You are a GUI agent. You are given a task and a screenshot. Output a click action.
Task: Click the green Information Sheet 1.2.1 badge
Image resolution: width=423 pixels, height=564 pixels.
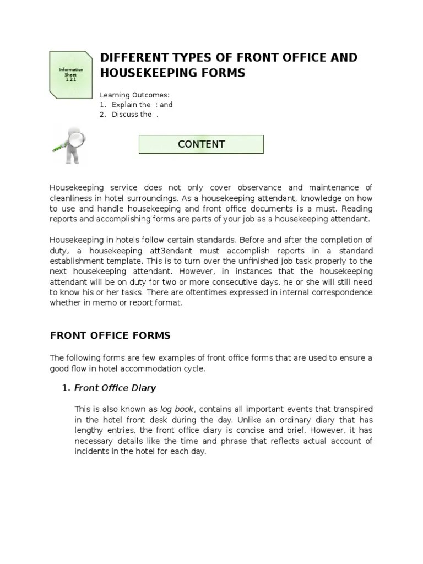click(x=71, y=75)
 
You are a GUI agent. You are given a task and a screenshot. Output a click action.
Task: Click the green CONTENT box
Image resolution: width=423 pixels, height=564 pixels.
click(x=201, y=144)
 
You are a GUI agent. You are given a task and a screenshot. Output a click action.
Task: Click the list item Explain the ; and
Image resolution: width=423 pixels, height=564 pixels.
click(x=142, y=105)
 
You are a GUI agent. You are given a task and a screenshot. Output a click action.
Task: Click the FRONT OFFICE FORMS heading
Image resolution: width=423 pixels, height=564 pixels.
click(x=110, y=335)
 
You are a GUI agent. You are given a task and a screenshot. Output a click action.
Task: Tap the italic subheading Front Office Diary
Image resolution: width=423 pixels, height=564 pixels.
click(x=115, y=388)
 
